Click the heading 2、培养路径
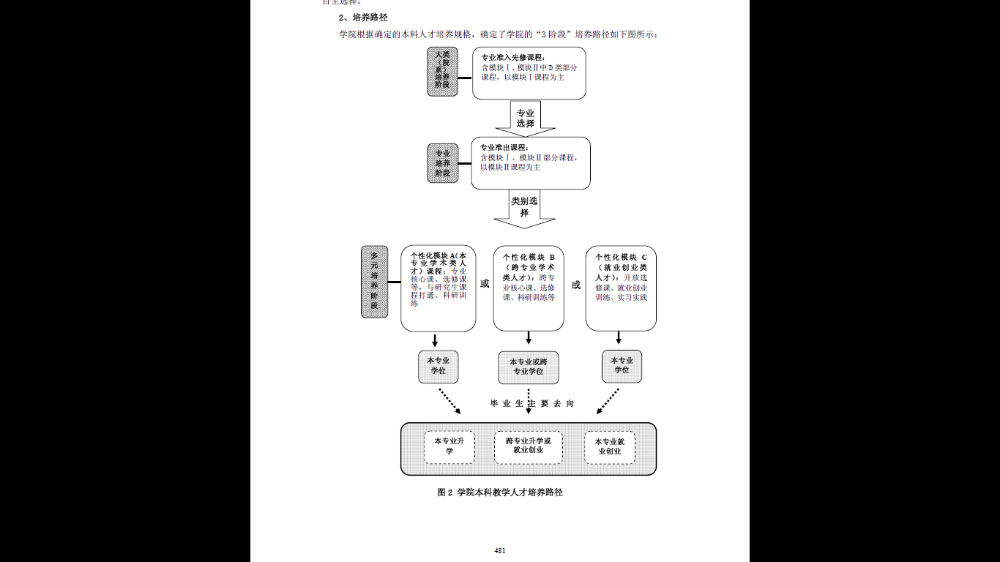tap(362, 17)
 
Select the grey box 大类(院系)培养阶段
tap(442, 71)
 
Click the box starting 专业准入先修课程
tap(529, 72)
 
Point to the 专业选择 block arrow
tap(526, 119)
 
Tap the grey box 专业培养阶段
tap(442, 163)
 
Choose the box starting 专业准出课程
tap(530, 162)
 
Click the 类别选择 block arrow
tap(524, 208)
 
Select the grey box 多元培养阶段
tap(374, 282)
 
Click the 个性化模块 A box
tap(438, 288)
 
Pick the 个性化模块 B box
tap(529, 288)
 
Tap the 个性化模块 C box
tap(621, 288)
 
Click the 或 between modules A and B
tap(485, 284)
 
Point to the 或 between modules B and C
tap(576, 285)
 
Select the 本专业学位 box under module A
tap(438, 366)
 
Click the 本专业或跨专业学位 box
tap(528, 367)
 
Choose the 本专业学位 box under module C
tap(622, 366)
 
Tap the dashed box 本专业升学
tap(449, 446)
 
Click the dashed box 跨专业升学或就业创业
tap(528, 446)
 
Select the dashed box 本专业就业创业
tap(609, 446)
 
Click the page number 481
tap(500, 550)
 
